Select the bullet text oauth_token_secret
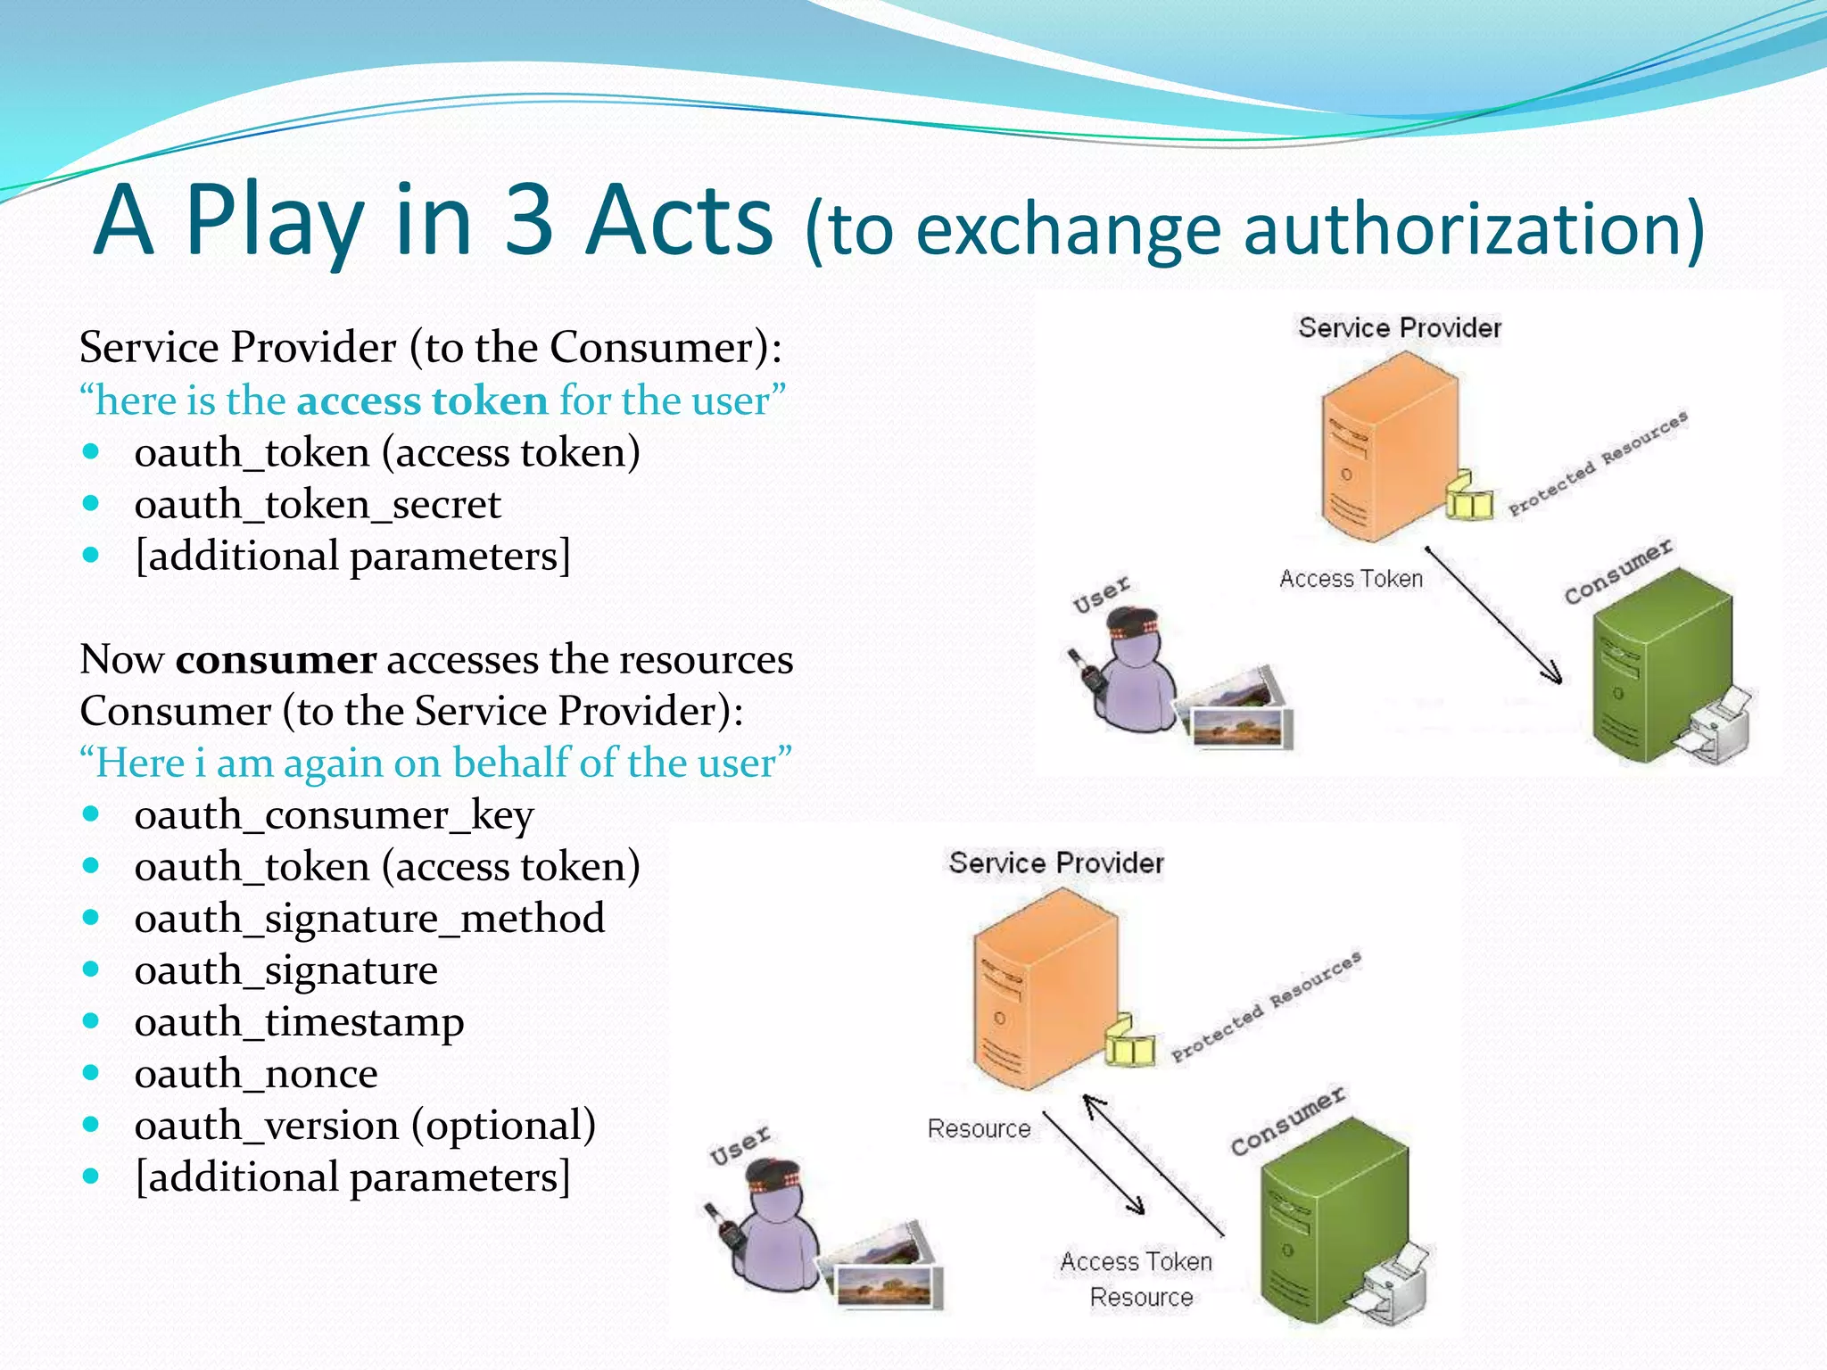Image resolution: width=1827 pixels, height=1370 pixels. point(318,505)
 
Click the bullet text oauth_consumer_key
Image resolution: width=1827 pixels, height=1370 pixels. point(334,815)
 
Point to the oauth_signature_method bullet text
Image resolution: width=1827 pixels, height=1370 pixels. point(369,919)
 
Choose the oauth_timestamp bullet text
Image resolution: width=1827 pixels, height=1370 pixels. point(299,1022)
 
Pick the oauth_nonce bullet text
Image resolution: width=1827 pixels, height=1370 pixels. point(256,1074)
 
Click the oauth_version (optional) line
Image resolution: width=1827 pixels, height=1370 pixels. point(365,1126)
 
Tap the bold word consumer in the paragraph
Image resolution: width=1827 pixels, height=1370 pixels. point(276,660)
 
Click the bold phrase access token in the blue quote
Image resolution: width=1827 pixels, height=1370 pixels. point(422,400)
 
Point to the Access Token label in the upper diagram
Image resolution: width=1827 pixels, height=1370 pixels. point(1351,579)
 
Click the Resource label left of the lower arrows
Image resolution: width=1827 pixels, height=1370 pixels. point(979,1129)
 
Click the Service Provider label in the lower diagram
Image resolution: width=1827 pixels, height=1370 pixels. point(1056,863)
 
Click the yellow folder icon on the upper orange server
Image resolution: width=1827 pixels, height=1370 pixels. point(1467,496)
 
